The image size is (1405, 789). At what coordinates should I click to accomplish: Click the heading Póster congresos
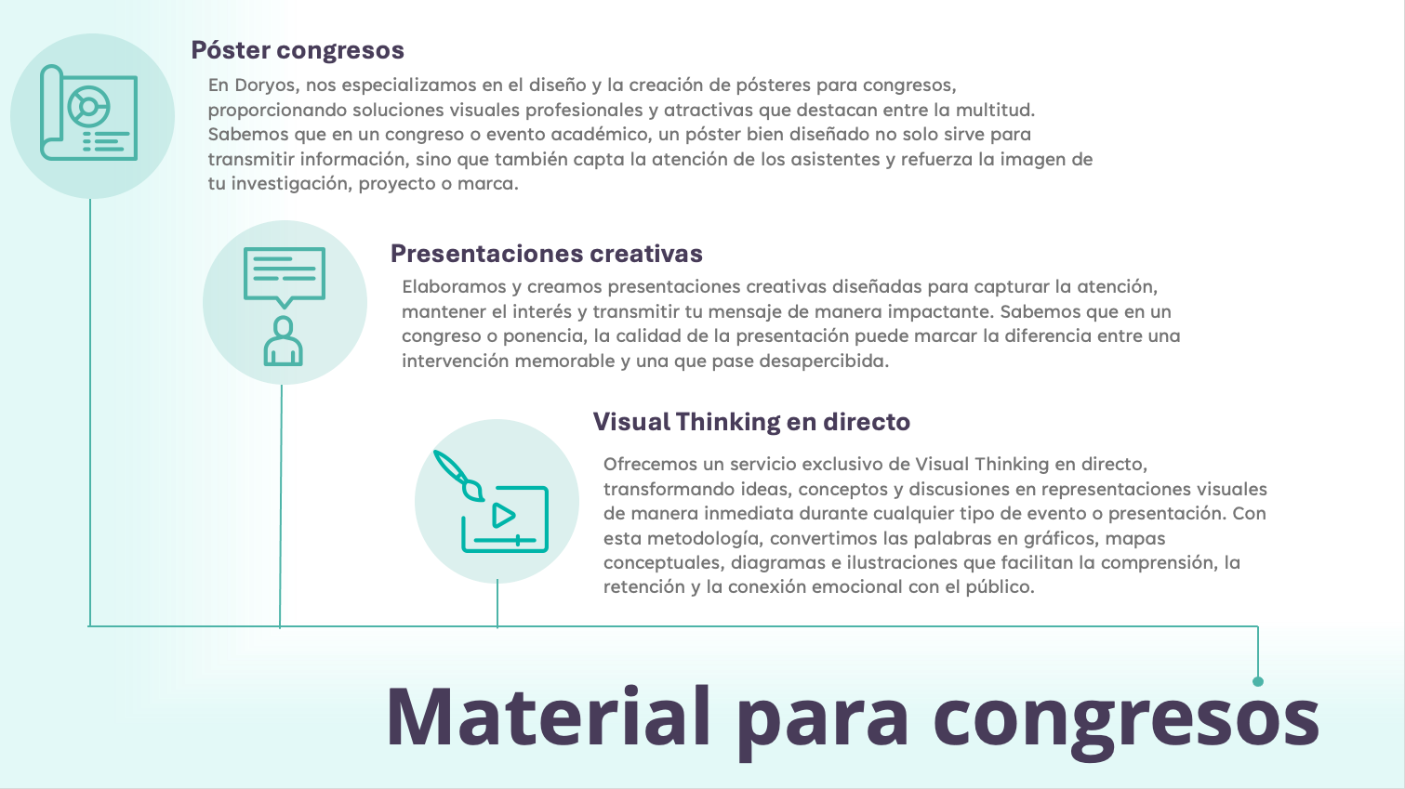298,50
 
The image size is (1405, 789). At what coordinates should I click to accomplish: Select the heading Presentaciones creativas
547,253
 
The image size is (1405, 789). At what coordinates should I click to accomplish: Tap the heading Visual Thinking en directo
751,422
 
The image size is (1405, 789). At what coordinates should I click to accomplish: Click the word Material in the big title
549,716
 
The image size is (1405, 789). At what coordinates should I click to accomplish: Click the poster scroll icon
88,112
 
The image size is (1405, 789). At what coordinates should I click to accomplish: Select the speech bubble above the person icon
285,277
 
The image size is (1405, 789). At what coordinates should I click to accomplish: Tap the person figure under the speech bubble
283,341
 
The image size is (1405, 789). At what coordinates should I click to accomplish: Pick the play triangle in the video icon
503,515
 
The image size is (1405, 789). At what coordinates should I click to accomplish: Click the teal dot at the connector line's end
1257,681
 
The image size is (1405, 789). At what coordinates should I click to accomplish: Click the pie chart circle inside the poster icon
88,107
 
